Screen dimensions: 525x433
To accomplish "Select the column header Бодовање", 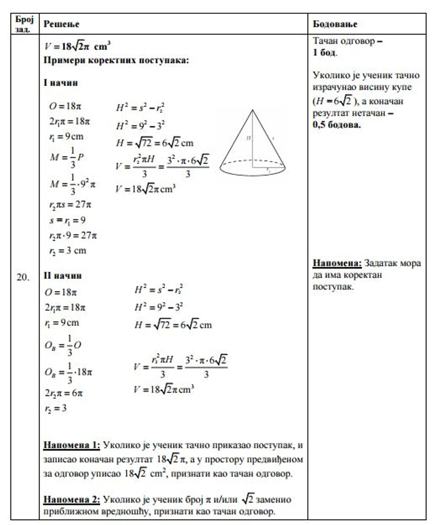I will coord(335,24).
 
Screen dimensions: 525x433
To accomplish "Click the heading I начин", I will coord(60,83).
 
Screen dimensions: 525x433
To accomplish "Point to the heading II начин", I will coord(62,275).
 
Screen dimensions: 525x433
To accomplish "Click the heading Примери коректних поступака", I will coord(116,61).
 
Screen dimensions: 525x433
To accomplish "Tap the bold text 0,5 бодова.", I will coord(337,125).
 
